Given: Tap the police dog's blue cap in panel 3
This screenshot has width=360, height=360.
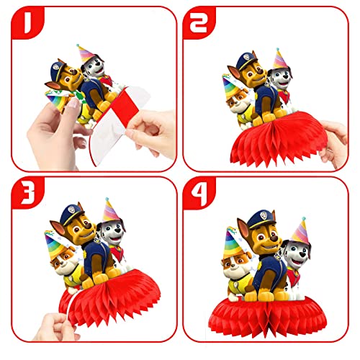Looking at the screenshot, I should [x=70, y=213].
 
